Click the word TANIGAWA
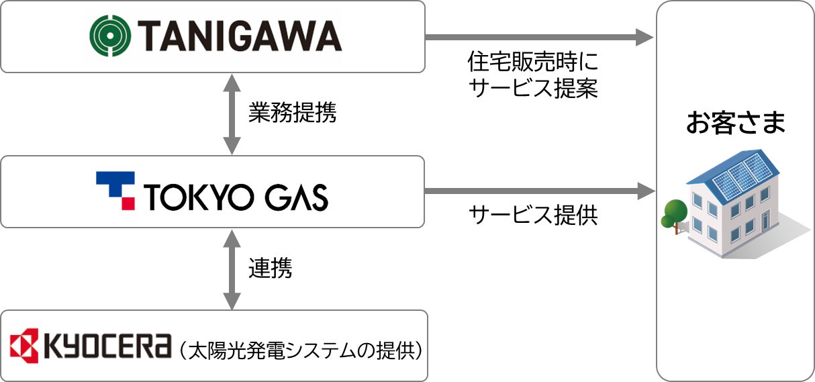[x=240, y=36]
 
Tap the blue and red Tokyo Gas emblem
[x=115, y=190]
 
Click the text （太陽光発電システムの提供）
[x=300, y=349]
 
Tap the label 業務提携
[x=292, y=113]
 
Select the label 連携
[x=270, y=269]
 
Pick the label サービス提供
[x=532, y=215]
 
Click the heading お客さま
[x=735, y=124]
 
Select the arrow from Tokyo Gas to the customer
[x=537, y=192]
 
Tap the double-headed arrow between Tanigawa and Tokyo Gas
[x=232, y=114]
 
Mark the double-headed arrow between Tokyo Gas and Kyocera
[x=232, y=269]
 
